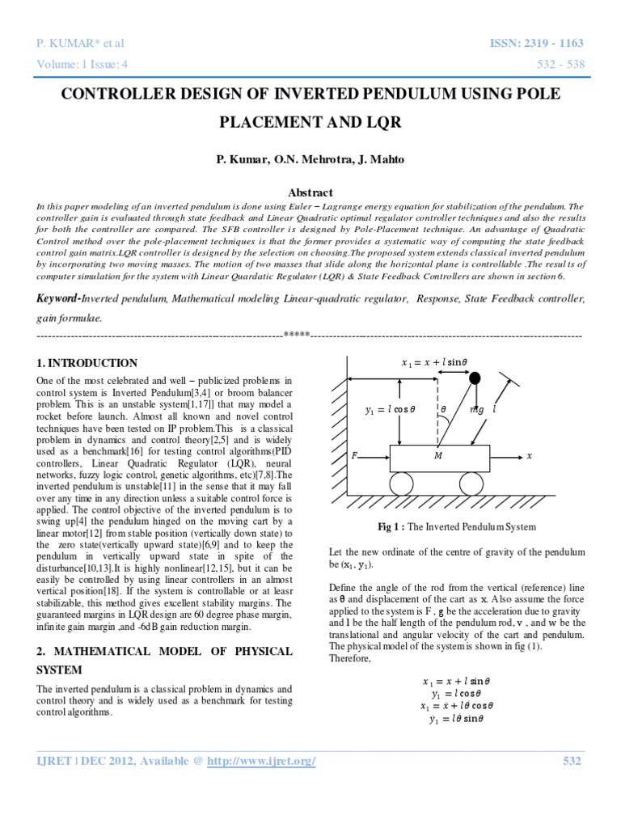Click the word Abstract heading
(x=310, y=192)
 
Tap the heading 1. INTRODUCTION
(x=87, y=363)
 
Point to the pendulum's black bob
(x=475, y=378)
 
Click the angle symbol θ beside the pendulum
(x=443, y=410)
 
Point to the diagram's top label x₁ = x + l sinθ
(x=434, y=363)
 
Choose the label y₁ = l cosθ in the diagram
(x=390, y=410)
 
